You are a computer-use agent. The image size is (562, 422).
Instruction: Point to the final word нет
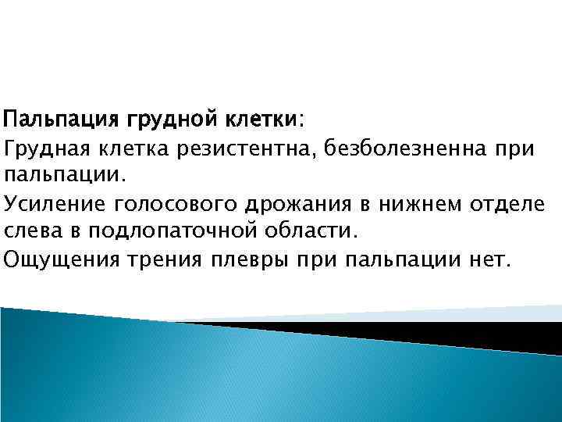[x=491, y=259]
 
